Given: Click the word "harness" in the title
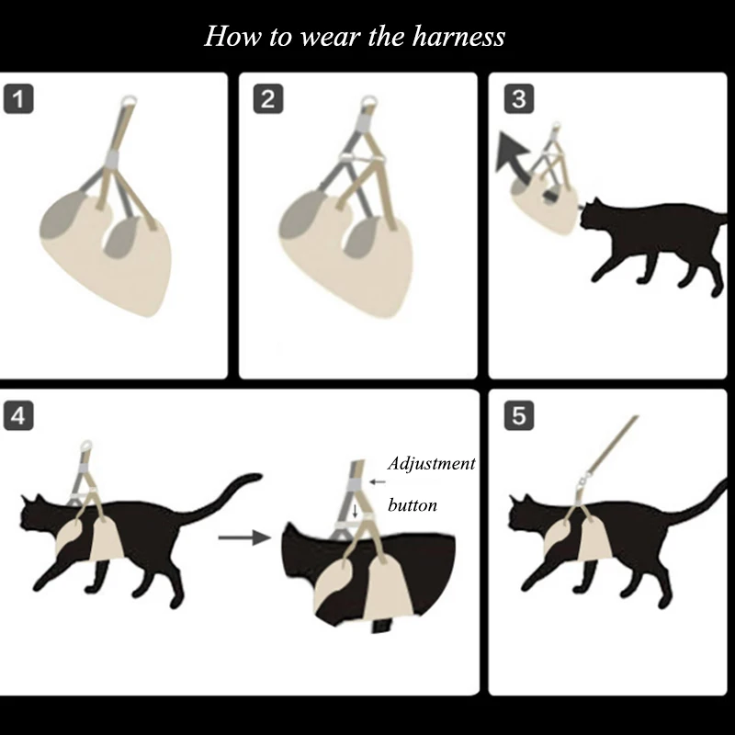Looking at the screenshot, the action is click(458, 37).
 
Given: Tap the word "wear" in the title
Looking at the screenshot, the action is click(330, 39).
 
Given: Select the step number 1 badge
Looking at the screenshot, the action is click(18, 99).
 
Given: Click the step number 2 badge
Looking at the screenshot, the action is click(268, 99).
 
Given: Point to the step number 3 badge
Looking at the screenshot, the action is click(519, 99).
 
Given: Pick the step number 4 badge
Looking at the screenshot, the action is click(18, 415).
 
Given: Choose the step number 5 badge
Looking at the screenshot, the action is click(519, 415).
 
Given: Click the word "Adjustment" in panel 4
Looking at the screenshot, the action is click(431, 464).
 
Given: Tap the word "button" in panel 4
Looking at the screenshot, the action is click(413, 504).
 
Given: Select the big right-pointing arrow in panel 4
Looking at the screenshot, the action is click(244, 537).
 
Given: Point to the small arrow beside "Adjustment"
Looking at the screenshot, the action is click(378, 481).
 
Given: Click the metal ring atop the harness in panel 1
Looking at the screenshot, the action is click(129, 101).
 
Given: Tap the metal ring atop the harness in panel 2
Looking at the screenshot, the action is click(369, 102).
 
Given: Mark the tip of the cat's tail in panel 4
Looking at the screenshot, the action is click(258, 476).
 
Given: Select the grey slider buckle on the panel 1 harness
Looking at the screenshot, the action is click(112, 159).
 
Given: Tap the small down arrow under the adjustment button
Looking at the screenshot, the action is click(355, 511).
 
